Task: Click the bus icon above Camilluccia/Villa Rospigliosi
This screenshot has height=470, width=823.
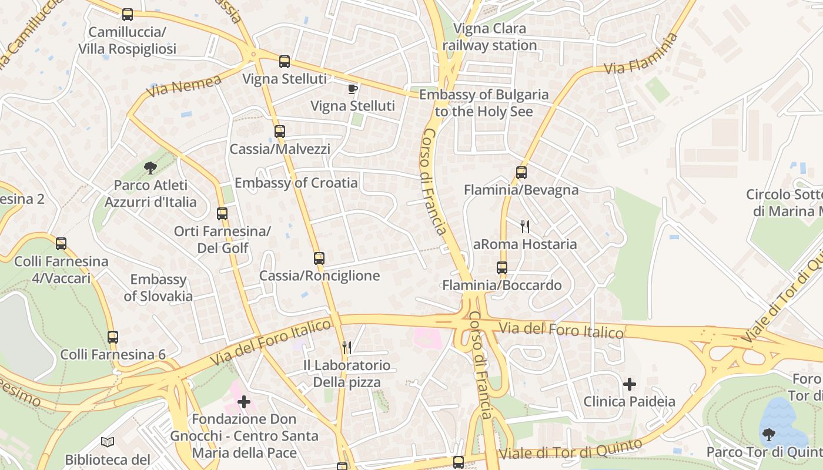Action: click(x=128, y=15)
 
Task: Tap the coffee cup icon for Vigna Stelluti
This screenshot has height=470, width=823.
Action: click(x=352, y=89)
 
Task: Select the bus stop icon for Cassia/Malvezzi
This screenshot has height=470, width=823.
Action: click(x=280, y=132)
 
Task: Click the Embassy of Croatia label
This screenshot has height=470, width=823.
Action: click(x=296, y=183)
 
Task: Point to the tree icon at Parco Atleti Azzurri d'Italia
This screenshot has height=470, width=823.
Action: click(x=150, y=168)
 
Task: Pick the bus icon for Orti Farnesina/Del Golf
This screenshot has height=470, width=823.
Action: click(x=222, y=214)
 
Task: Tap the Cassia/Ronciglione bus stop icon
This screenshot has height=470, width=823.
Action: click(x=319, y=258)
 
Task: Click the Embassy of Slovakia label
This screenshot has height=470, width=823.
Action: click(x=158, y=287)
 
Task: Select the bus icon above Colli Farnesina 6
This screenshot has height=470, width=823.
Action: click(x=113, y=337)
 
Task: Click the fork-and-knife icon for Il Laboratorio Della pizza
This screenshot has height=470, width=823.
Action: click(x=347, y=348)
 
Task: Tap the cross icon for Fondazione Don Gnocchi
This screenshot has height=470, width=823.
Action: click(x=244, y=402)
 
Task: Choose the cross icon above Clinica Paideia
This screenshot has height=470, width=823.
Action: click(x=630, y=384)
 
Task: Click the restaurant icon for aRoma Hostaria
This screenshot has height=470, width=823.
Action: click(x=525, y=227)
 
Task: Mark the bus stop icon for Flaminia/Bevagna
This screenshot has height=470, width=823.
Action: click(x=521, y=173)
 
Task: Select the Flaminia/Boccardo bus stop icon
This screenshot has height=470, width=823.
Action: click(x=502, y=268)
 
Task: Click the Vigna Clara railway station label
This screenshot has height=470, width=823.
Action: click(x=490, y=37)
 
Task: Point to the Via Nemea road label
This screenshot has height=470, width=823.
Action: click(x=183, y=86)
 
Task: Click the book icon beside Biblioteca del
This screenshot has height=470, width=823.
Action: click(x=107, y=442)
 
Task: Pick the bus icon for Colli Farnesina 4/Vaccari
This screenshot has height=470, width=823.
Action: click(x=61, y=244)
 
